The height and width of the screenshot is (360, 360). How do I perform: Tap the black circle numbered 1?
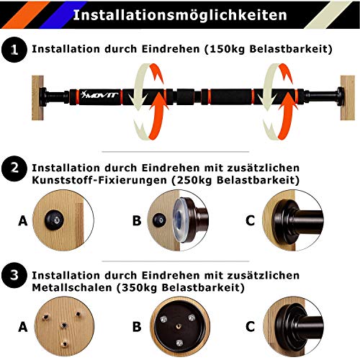coord(12,50)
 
